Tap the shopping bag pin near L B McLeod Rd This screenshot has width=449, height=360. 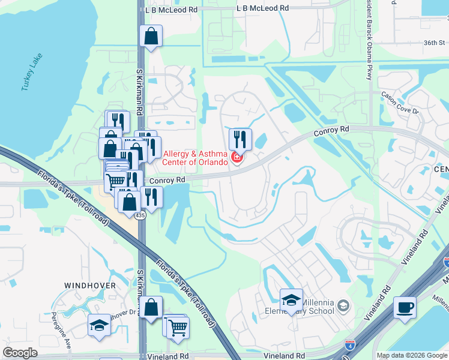click(151, 36)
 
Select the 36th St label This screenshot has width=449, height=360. click(434, 43)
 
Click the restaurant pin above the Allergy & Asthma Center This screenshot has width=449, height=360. click(240, 139)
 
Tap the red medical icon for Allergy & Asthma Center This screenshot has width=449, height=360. click(237, 158)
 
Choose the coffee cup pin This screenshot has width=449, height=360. click(405, 308)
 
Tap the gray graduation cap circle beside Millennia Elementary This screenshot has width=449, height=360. click(343, 307)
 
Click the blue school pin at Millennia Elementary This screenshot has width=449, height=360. click(291, 299)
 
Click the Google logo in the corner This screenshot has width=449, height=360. click(20, 353)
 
